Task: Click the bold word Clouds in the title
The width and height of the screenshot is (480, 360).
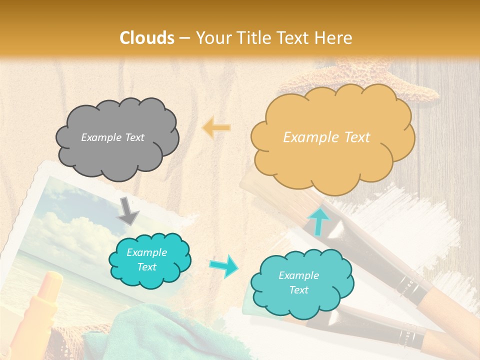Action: [147, 38]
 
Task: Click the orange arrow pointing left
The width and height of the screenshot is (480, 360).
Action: [216, 128]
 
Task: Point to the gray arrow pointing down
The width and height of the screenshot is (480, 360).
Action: [128, 211]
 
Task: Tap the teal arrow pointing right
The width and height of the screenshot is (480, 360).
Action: [223, 266]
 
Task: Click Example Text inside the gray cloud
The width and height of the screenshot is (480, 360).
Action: [112, 137]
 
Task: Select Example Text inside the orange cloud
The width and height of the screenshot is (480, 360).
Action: [326, 137]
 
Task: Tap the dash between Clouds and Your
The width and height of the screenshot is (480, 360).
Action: [184, 38]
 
